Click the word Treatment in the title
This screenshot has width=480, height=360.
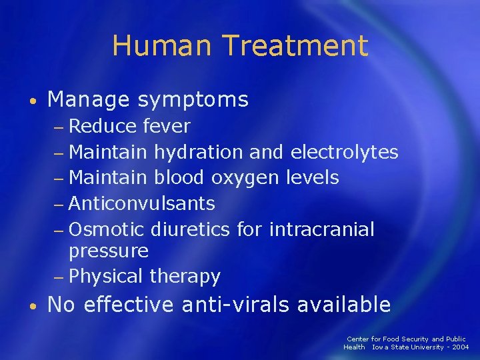[x=295, y=46]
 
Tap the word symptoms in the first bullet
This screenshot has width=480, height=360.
[x=193, y=100]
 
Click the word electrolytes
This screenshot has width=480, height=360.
[x=345, y=152]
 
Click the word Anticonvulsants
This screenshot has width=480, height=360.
[x=141, y=203]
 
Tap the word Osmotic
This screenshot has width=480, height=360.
[x=107, y=229]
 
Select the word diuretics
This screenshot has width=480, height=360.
[x=191, y=229]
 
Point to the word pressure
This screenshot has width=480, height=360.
[x=109, y=251]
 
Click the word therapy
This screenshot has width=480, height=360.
[x=185, y=276]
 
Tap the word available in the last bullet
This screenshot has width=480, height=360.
[x=343, y=305]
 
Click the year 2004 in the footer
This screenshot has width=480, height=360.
[x=459, y=347]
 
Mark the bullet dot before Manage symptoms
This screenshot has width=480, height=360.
[x=32, y=101]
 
